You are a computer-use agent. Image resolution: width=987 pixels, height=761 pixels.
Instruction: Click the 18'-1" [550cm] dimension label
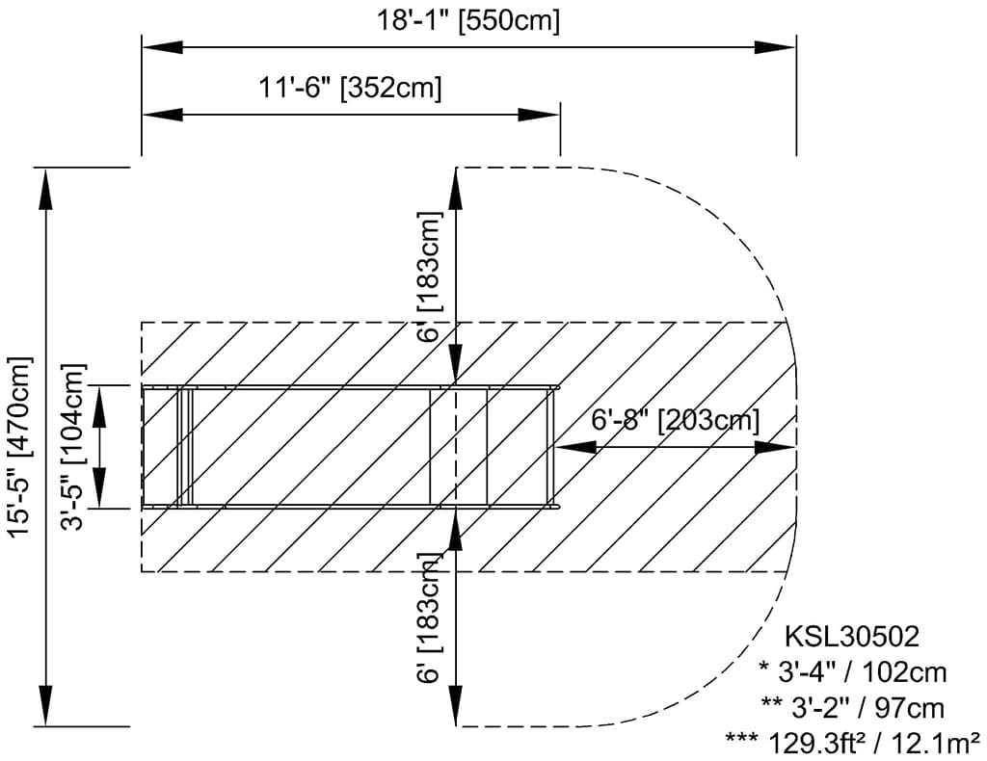click(467, 20)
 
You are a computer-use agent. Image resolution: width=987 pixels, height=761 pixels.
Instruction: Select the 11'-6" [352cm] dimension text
click(350, 88)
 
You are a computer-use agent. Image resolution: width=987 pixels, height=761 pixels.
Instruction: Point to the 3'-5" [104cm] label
click(72, 447)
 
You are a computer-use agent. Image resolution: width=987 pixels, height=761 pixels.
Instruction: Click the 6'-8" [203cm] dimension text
click(676, 419)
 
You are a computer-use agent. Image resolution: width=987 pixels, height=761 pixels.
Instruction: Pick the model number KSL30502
click(852, 637)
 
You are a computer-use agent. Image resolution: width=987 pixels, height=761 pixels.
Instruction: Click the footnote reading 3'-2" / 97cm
click(853, 708)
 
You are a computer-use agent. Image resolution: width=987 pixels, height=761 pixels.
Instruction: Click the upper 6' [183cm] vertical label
click(430, 276)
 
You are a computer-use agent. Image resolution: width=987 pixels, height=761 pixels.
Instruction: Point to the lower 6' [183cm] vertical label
click(430, 619)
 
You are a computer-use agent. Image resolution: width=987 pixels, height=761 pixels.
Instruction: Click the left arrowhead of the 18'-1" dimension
click(162, 47)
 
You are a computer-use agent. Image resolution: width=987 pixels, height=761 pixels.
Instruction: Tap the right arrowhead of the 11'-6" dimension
click(539, 115)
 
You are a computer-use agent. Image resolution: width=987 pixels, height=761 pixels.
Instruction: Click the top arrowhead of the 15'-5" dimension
click(46, 189)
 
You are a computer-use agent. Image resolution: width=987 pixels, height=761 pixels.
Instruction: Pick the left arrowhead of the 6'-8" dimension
click(576, 447)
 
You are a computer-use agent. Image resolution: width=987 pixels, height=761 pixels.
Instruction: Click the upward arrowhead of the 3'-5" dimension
click(100, 402)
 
